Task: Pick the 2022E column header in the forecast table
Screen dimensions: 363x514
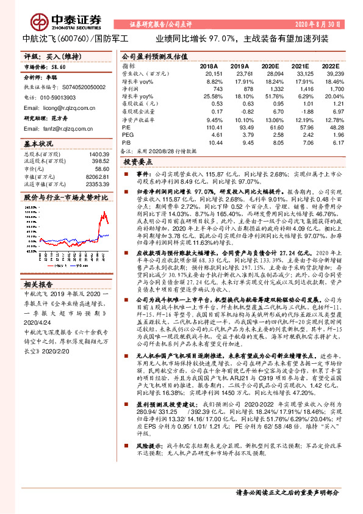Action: [x=330, y=65]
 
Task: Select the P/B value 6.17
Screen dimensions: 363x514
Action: [x=334, y=142]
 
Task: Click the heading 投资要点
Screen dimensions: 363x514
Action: [x=137, y=163]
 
